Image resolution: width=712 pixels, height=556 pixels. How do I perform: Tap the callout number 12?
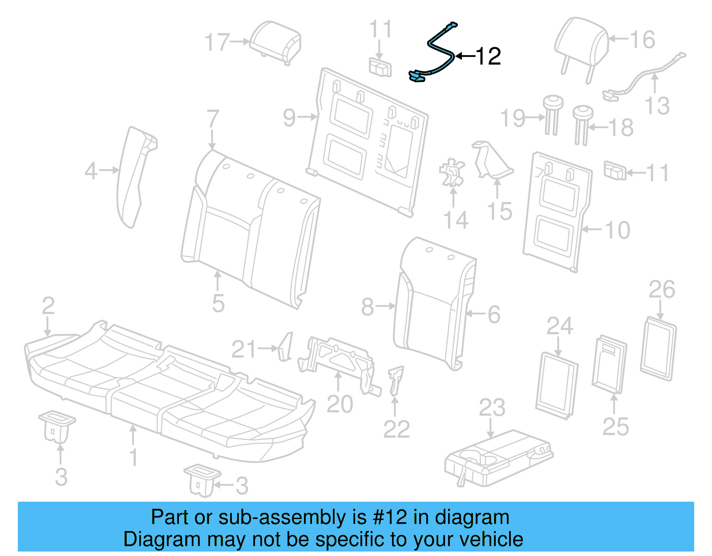click(488, 57)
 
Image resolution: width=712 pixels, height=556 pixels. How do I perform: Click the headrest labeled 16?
click(581, 45)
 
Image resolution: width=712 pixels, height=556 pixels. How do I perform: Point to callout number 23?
click(492, 408)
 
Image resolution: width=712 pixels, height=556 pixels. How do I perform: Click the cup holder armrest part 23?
click(498, 459)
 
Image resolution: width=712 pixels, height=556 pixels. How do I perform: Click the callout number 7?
click(213, 119)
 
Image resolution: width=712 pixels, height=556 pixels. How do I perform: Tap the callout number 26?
click(662, 290)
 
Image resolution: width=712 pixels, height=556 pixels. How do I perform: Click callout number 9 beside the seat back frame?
click(289, 118)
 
